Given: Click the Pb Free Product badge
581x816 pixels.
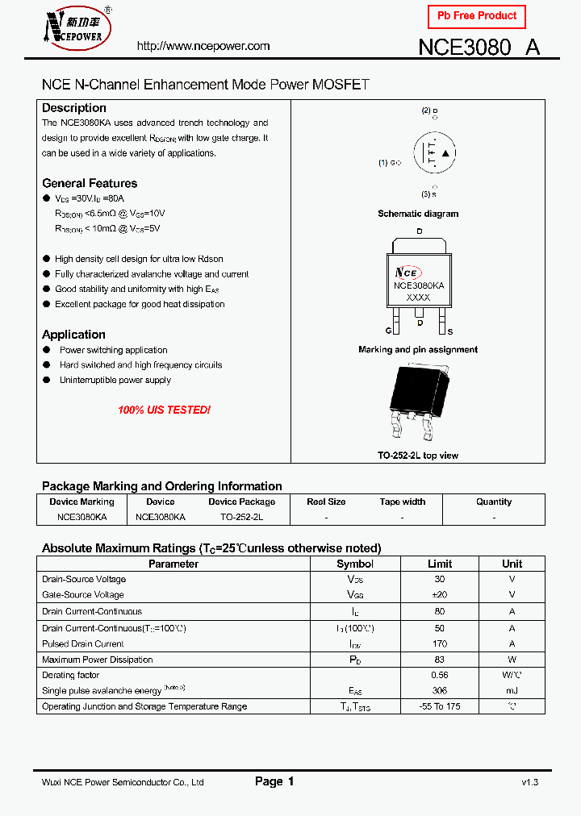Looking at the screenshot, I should pos(476,16).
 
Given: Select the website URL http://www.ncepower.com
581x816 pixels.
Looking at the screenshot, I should pos(203,46).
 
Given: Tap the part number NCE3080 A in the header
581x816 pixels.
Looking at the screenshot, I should pos(479,47).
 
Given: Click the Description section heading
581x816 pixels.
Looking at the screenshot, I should pos(74,108).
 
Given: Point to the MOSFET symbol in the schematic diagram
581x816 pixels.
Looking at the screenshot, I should pos(435,152).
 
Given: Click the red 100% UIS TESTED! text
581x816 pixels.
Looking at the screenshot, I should pos(164,410).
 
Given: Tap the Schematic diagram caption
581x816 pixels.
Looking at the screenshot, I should pos(418,214).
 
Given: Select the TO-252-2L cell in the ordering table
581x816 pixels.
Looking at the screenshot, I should pos(241,516).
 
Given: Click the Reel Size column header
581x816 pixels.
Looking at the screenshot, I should pos(327,502).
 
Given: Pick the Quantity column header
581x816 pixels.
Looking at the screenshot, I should pos(494,502).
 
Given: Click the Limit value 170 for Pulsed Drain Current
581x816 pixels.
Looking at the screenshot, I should pos(440,643).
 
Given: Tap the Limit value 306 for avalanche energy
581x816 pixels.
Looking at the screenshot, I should pos(440,691).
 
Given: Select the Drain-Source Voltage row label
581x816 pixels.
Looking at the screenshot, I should pos(84,579).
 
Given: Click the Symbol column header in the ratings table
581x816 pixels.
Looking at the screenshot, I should pos(355,564).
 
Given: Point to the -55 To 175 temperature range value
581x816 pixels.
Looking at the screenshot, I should pos(440,706).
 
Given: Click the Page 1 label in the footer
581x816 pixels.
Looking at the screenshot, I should pos(274,781).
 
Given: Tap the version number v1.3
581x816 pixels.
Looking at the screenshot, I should pos(529,782).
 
